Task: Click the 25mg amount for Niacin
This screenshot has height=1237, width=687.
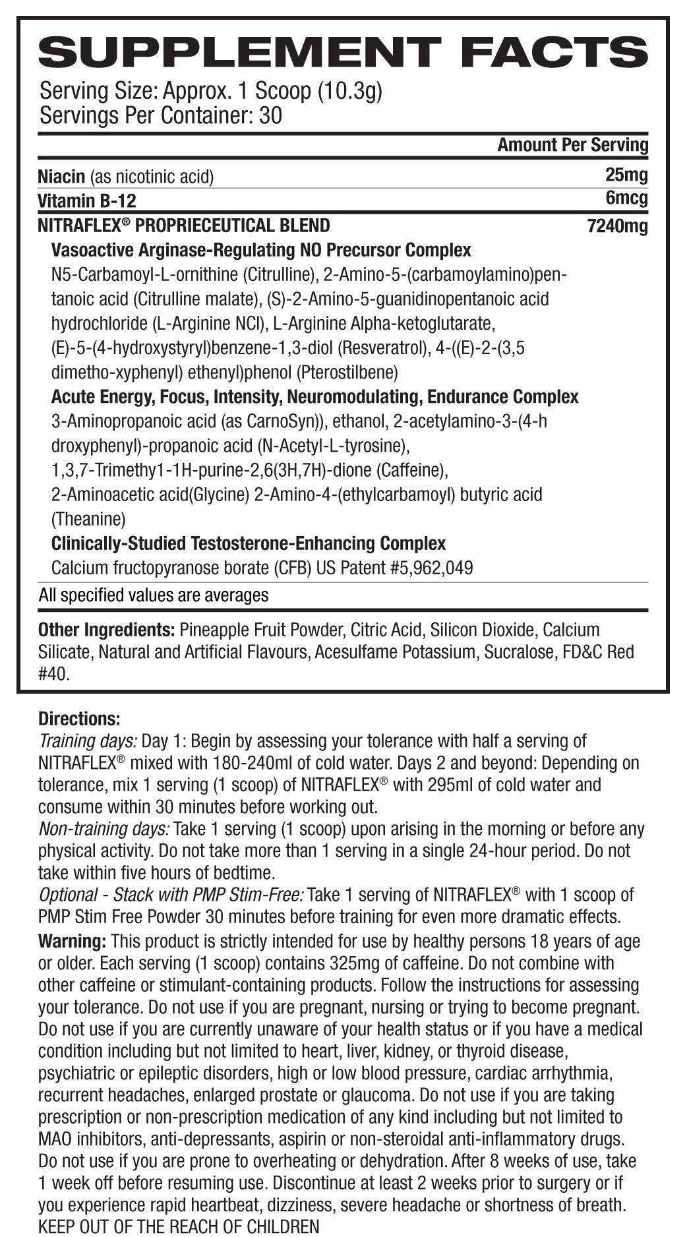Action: pos(626,175)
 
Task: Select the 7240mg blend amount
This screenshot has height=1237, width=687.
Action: pos(617,226)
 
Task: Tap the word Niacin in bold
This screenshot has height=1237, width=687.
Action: pos(61,176)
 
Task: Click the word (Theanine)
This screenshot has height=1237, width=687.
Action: pos(88,519)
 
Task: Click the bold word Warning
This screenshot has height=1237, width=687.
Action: pos(72,940)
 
